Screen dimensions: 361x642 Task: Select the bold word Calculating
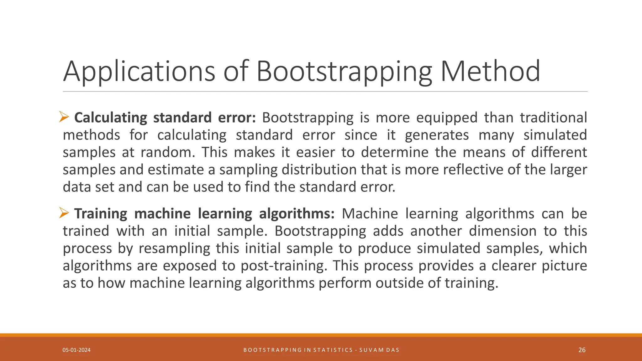110,118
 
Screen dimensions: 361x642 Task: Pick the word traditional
553,118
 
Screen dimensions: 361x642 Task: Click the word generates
437,135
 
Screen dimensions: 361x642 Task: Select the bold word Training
101,214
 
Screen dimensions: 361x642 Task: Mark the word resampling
174,249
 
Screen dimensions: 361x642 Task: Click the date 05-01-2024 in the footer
76,350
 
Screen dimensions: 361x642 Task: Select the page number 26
582,350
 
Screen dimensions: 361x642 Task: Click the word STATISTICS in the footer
333,350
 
